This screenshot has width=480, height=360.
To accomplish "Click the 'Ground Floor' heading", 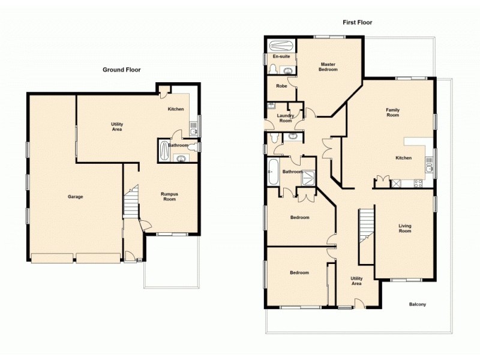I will tap(121, 70).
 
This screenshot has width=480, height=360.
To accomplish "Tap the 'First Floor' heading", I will tap(357, 23).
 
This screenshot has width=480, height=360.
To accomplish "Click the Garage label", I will tap(75, 197).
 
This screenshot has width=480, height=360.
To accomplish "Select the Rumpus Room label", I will tap(170, 196).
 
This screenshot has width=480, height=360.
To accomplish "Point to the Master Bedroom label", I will tap(328, 67).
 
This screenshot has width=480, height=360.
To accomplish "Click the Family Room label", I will tap(392, 112).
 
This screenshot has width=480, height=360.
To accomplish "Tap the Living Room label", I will tap(405, 229).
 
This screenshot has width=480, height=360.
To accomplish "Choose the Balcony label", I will tap(418, 304).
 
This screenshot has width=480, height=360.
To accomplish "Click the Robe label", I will tap(281, 86).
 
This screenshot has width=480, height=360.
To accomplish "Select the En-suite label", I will tap(281, 56).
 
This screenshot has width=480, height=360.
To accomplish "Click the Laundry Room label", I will tap(286, 118).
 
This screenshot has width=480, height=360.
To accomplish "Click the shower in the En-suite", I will tap(280, 46).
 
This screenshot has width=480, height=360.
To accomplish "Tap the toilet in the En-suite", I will tap(273, 71).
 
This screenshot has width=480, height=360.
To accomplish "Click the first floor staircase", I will tap(366, 225).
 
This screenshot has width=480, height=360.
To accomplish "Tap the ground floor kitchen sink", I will tap(193, 129).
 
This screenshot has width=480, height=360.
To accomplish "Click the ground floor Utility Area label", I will tap(117, 127).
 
